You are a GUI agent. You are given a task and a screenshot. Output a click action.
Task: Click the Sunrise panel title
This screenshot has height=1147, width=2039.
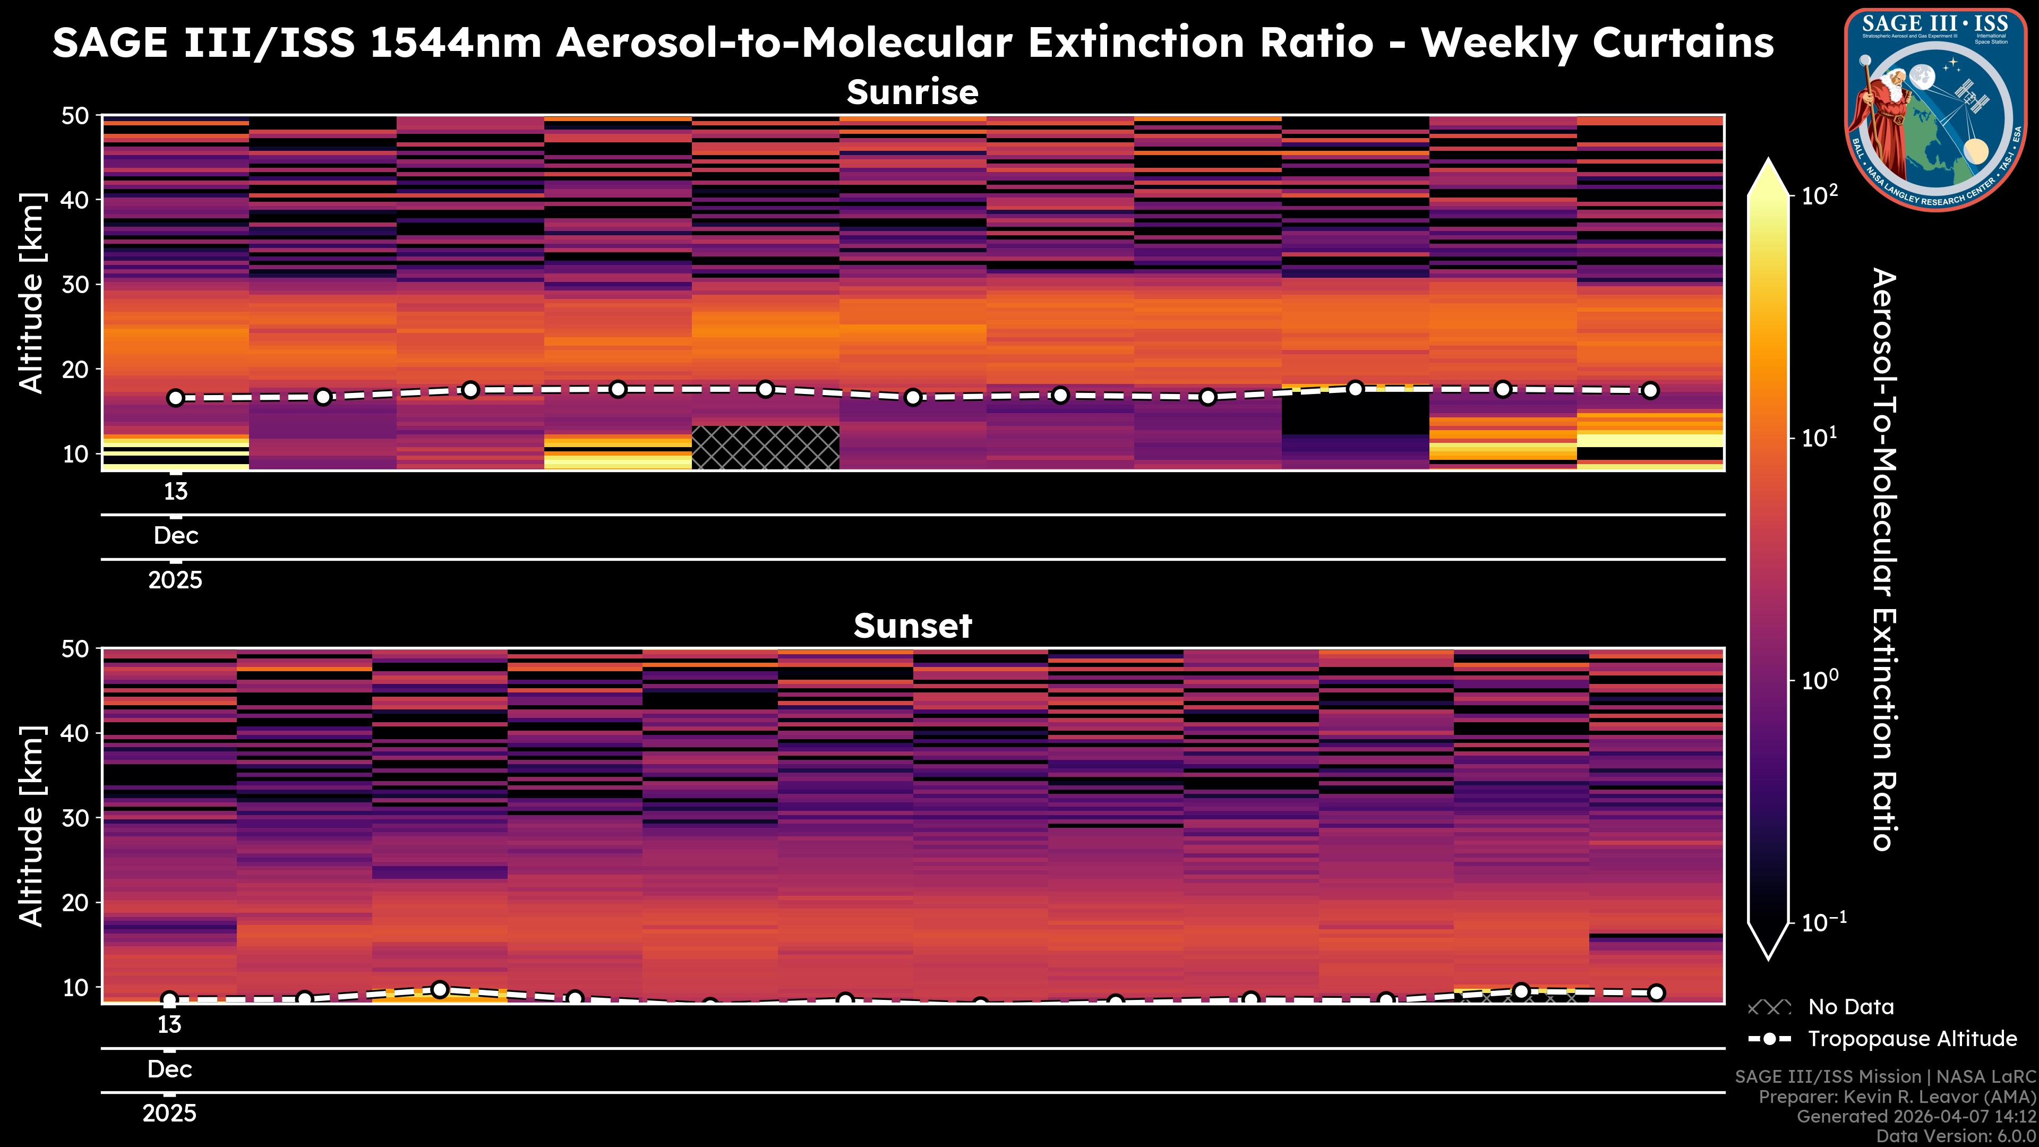tap(913, 92)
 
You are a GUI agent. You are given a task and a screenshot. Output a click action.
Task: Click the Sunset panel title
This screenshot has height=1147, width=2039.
tap(913, 626)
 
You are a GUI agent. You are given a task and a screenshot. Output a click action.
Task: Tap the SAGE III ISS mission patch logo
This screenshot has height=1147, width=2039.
tap(1936, 109)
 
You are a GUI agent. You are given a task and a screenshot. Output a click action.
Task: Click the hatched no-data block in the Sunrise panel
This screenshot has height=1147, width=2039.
tap(765, 447)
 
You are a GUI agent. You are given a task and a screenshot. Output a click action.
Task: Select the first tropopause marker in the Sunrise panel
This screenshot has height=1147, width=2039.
tap(176, 398)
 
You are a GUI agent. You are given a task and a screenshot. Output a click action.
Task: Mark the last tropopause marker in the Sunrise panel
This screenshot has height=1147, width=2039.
tap(1650, 390)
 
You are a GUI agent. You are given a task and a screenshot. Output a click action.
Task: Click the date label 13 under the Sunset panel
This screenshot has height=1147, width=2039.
tap(169, 1025)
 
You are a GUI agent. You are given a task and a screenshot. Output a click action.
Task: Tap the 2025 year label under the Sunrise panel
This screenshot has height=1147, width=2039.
tap(176, 580)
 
